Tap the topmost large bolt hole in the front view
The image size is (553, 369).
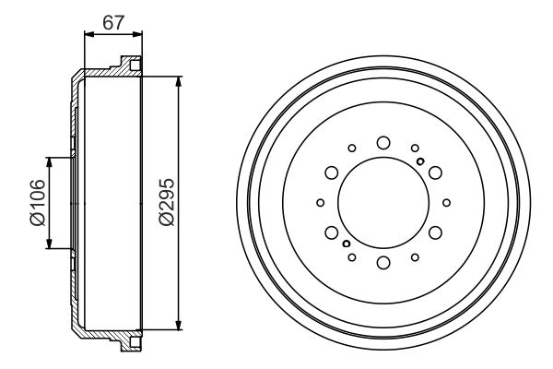(x=382, y=141)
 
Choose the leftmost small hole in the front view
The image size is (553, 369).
(x=320, y=203)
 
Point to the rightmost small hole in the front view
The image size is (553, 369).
(x=446, y=203)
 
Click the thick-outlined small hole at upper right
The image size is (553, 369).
(x=420, y=161)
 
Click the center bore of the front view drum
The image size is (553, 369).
(x=382, y=203)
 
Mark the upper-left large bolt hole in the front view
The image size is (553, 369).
(x=330, y=173)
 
